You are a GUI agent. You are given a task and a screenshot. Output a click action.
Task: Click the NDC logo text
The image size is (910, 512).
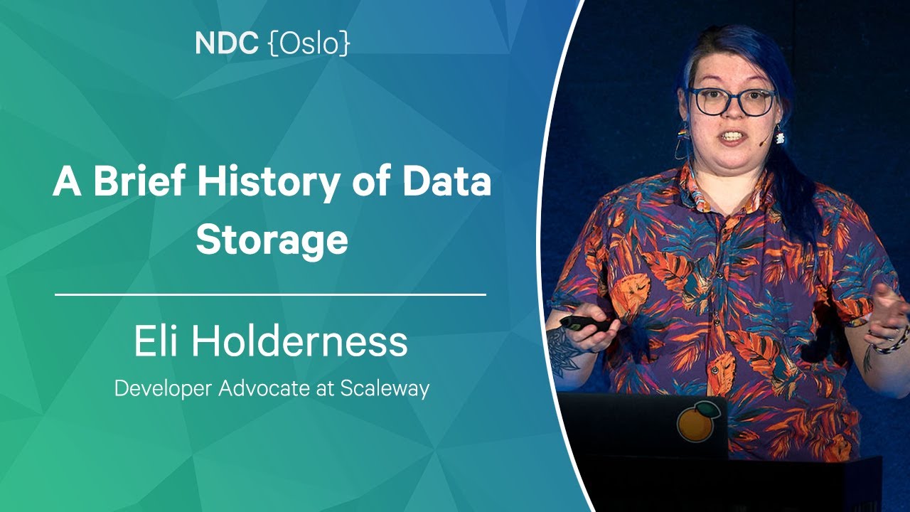point(226,43)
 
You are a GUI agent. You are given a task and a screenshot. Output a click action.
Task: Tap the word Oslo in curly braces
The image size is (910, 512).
point(309,43)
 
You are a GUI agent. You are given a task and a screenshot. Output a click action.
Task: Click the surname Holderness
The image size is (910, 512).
point(300,341)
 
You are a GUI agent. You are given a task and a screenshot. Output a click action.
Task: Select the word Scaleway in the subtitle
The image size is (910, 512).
point(385,389)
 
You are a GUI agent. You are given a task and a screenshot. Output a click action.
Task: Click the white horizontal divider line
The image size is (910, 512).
point(271,294)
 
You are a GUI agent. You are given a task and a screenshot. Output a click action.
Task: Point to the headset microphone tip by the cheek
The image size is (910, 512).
point(764,143)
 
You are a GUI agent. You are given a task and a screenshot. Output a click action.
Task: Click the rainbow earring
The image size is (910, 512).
point(682,135)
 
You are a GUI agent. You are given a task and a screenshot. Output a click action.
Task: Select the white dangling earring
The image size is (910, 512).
point(780,135)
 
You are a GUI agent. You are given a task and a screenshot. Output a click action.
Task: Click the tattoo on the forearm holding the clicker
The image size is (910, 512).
point(562,351)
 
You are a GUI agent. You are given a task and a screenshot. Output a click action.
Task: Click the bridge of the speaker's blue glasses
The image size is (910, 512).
point(734,97)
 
